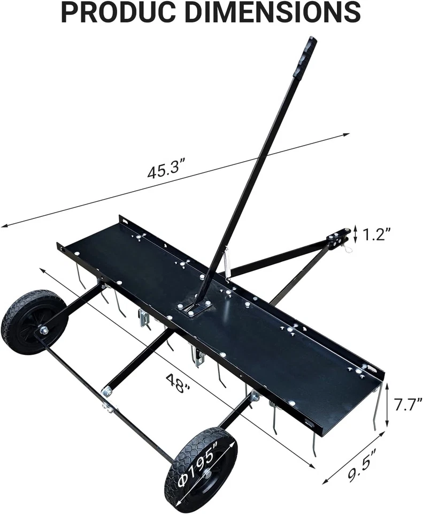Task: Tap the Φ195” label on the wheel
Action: (199, 468)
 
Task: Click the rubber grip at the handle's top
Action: (304, 57)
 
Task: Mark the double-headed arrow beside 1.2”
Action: (355, 235)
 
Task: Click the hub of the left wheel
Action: (43, 330)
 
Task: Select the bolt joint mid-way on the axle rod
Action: (107, 407)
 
